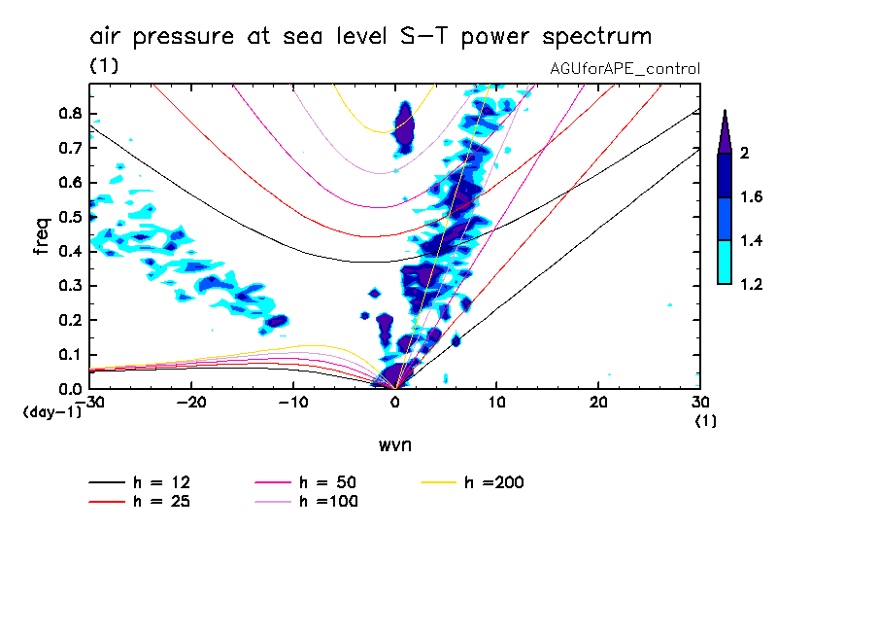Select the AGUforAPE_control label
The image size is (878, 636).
click(x=625, y=69)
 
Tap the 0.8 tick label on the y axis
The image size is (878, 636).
click(x=68, y=113)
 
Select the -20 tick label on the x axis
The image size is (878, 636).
click(x=191, y=403)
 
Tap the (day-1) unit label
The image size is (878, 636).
click(x=51, y=412)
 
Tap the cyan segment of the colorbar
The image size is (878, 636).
click(x=725, y=262)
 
